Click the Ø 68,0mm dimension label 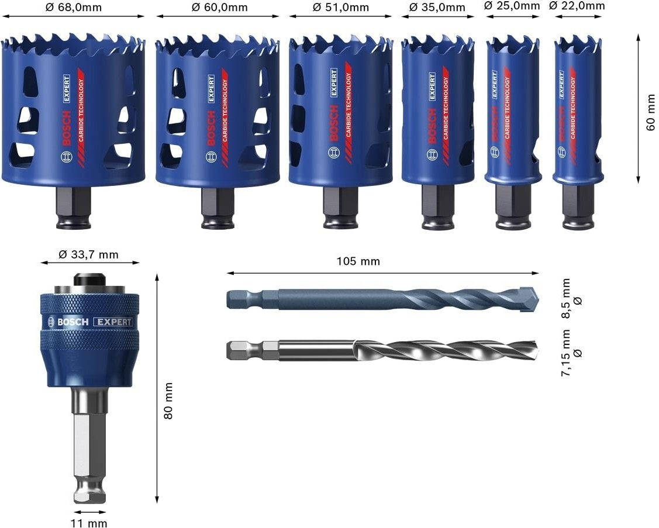(74, 7)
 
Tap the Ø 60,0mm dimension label (219, 7)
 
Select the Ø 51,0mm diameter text (341, 7)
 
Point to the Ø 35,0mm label (437, 7)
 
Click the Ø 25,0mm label (512, 5)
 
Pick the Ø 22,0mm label (577, 5)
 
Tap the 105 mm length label (358, 261)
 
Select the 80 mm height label (168, 400)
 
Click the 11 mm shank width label (89, 523)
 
